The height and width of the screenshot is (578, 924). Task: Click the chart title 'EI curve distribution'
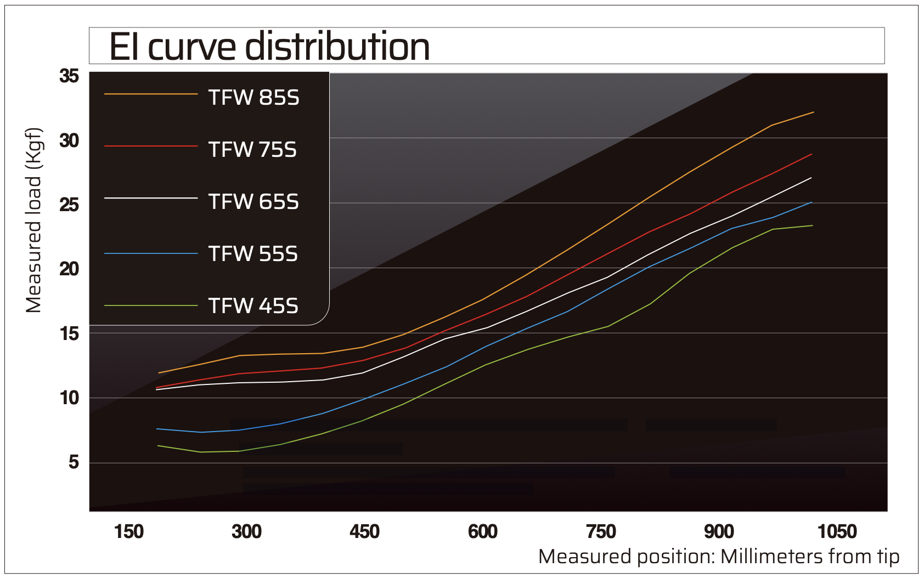tap(269, 47)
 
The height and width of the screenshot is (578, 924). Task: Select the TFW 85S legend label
tap(253, 98)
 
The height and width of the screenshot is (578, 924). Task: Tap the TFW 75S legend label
tap(252, 150)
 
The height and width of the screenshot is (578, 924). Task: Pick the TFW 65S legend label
tap(253, 202)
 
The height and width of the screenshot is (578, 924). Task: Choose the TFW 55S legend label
tap(253, 254)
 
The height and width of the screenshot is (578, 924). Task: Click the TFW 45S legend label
tap(253, 306)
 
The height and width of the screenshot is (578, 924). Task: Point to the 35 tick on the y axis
tap(70, 76)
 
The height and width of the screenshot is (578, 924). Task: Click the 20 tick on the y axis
tap(70, 269)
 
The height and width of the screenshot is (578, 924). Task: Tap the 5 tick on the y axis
tap(74, 463)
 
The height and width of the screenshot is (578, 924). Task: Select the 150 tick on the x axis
tap(129, 531)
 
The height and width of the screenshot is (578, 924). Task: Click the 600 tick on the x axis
tap(483, 531)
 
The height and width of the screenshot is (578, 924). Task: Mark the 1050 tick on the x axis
tap(837, 531)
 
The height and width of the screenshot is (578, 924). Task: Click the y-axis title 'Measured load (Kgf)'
tap(34, 221)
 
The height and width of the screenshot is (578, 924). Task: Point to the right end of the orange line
tap(813, 112)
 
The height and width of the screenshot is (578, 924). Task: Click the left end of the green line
tap(158, 446)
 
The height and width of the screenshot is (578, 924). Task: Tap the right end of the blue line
tap(812, 202)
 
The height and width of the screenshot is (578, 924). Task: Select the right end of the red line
tap(812, 154)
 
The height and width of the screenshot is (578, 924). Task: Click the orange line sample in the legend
tap(151, 94)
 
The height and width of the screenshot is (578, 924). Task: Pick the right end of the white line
tap(812, 178)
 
